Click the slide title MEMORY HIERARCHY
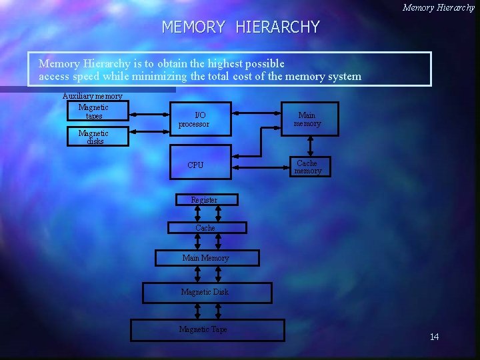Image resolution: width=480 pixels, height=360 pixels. point(241,27)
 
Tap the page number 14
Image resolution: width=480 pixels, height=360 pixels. point(434,337)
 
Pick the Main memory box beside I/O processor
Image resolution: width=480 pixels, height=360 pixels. point(307,119)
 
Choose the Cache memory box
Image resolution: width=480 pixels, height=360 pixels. point(307,167)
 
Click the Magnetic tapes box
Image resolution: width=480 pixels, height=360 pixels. point(94,111)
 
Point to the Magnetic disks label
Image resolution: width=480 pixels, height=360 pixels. point(93,137)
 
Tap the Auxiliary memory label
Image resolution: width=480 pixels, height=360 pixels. point(92,96)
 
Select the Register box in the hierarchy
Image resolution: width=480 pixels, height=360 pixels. point(204,200)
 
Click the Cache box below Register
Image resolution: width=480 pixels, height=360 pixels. point(205,228)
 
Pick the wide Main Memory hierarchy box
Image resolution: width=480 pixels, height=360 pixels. point(206,258)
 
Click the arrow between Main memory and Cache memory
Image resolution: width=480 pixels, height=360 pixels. point(309,147)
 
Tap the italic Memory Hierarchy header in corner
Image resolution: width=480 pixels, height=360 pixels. point(438,7)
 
